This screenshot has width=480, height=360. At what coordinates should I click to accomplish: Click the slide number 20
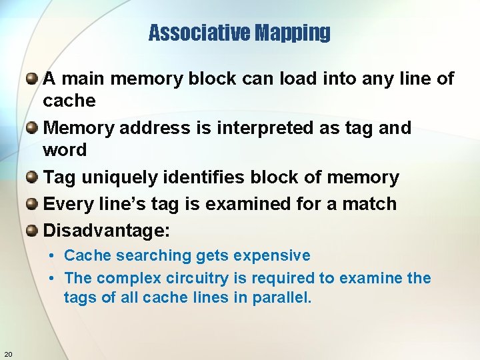tap(8, 353)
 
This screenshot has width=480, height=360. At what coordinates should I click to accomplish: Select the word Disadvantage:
tap(107, 231)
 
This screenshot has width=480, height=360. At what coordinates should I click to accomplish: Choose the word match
tap(369, 204)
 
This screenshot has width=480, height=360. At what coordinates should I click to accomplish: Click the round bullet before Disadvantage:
tap(31, 231)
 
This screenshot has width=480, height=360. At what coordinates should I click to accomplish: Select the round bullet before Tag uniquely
tap(31, 177)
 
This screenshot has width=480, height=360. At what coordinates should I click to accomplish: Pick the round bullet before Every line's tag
tap(31, 204)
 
